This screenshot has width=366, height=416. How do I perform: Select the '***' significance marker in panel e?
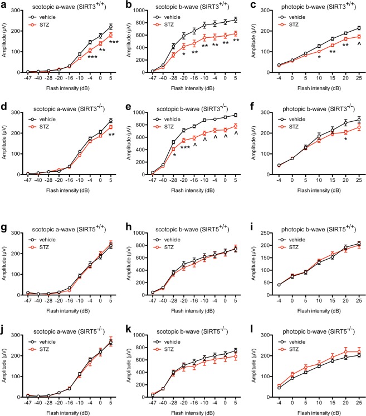coord(186,147)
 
